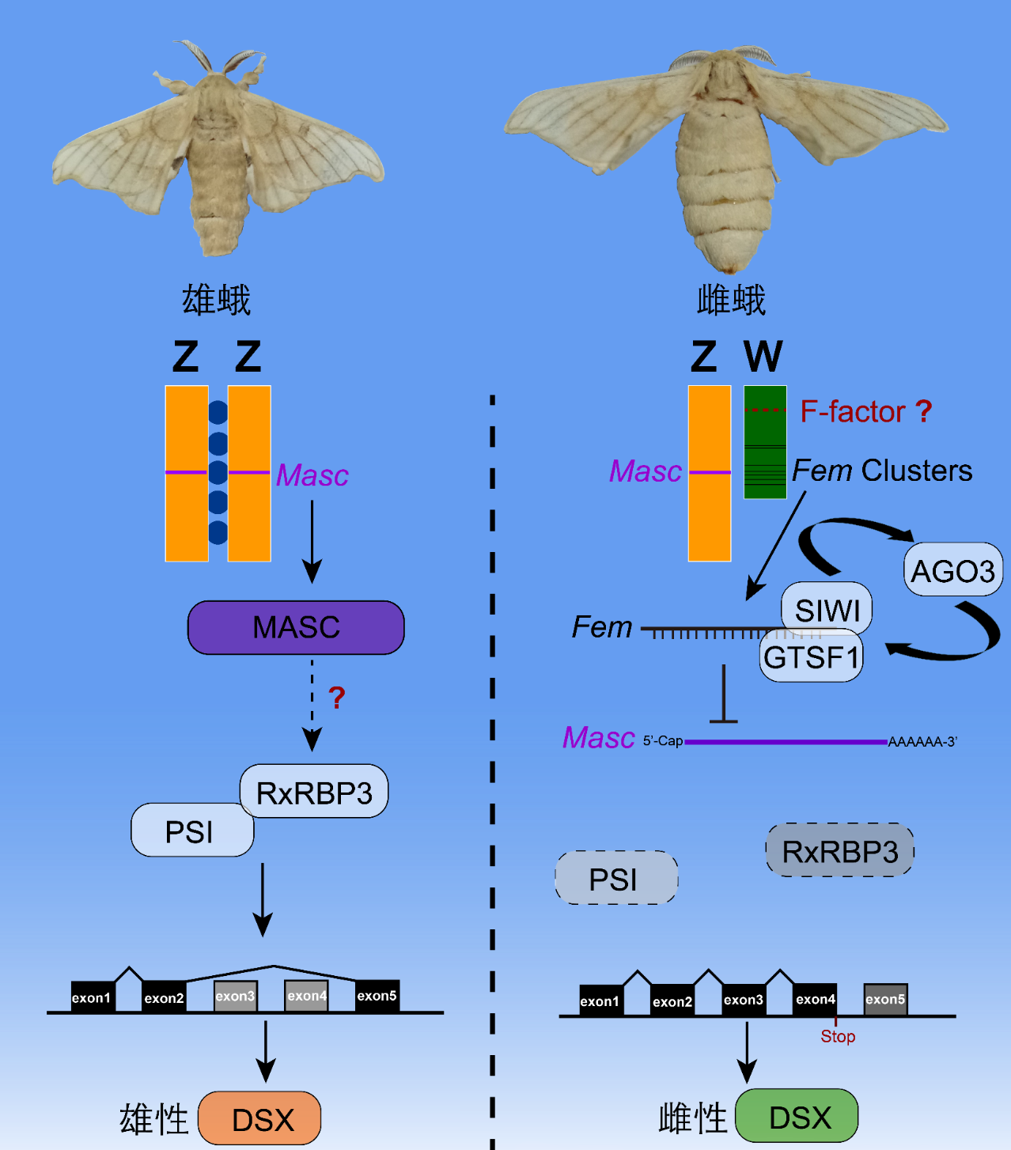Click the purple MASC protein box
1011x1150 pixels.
pos(296,627)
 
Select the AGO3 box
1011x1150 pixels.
pos(952,570)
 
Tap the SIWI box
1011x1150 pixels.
pos(827,608)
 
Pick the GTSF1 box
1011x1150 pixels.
pos(812,657)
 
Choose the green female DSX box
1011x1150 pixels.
pos(797,1117)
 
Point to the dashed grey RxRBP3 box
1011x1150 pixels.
pos(839,851)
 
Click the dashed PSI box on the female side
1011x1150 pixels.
pos(615,879)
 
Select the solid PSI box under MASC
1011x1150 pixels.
pos(191,831)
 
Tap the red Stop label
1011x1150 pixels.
pos(838,1036)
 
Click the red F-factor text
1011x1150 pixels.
pos(853,411)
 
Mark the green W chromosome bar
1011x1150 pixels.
pos(765,442)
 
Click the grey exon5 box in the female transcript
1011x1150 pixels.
pos(885,999)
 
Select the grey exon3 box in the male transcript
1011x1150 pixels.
pos(235,996)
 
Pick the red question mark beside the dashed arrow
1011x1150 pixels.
pos(337,698)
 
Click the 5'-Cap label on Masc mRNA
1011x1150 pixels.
pos(662,741)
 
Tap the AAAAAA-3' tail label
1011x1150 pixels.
pos(922,742)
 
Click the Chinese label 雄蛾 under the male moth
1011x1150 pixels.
pos(216,301)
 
